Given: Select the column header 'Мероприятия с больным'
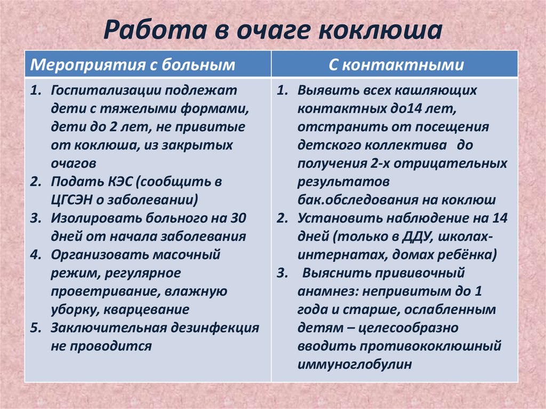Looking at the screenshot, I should [x=133, y=65].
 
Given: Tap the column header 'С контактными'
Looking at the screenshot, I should [x=395, y=65].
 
